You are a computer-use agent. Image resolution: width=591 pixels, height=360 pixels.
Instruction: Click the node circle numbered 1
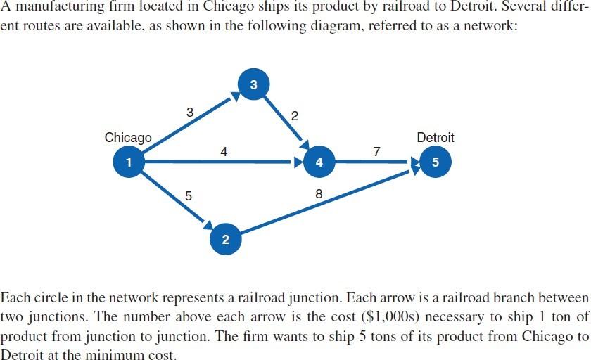128,162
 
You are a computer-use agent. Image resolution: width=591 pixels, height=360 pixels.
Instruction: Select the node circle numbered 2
224,240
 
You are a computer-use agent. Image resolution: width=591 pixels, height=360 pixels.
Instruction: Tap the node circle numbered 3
253,85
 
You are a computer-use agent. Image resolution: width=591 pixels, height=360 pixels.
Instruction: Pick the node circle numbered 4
320,162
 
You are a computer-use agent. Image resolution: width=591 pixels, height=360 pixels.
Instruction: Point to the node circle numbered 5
436,162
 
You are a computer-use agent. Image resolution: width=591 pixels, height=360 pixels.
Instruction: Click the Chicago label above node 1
128,138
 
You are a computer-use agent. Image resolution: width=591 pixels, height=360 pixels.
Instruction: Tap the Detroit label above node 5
436,138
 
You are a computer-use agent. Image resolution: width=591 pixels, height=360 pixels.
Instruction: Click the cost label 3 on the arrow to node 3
189,112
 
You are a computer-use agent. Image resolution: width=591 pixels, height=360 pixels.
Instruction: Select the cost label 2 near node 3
294,117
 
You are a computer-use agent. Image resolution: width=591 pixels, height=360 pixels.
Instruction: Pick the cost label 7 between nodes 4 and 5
377,151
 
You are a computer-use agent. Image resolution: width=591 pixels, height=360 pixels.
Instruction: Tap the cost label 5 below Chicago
188,196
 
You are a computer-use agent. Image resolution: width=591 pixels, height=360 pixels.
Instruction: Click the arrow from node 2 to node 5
324,201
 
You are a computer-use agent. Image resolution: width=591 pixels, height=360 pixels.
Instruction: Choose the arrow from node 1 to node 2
176,200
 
